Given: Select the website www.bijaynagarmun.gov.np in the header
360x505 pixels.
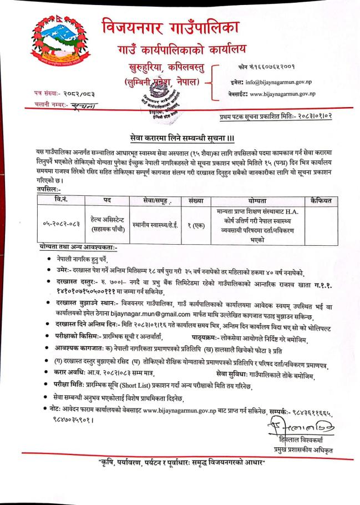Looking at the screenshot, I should coord(287,94).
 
